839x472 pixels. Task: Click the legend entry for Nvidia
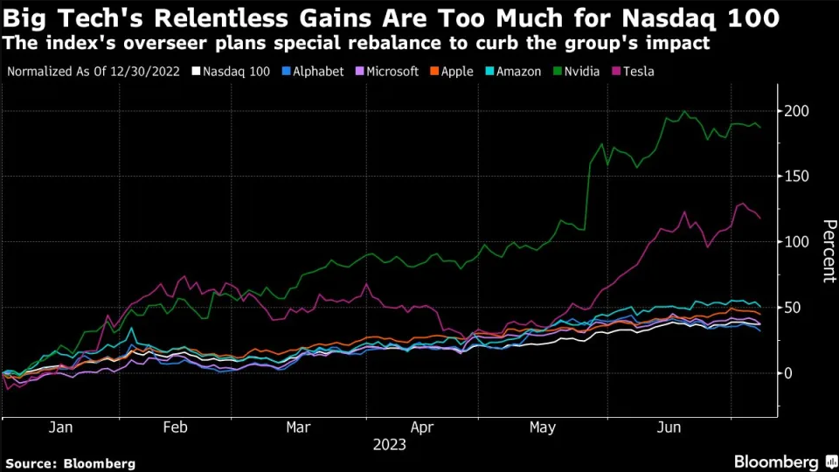(575, 72)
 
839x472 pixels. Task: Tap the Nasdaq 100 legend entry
(236, 72)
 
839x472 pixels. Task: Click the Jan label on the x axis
(59, 427)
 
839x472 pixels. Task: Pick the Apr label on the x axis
(422, 427)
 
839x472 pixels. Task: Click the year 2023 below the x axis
(389, 445)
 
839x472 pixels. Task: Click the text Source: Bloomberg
(71, 463)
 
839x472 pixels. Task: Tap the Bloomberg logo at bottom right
(776, 462)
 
